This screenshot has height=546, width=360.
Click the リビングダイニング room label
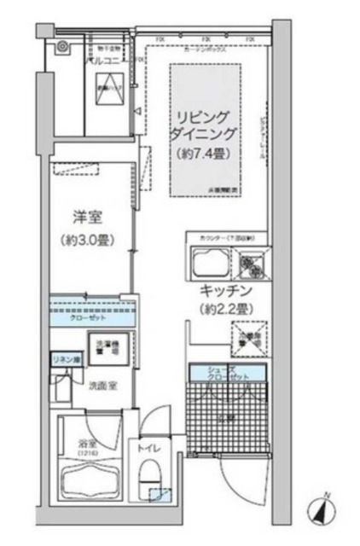(x=204, y=125)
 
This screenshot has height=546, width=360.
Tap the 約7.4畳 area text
(x=204, y=154)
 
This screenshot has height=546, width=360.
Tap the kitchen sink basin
(x=209, y=266)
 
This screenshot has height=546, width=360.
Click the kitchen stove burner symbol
(x=253, y=267)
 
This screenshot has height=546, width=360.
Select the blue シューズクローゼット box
(x=228, y=372)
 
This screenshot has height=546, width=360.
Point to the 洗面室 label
(x=104, y=385)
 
